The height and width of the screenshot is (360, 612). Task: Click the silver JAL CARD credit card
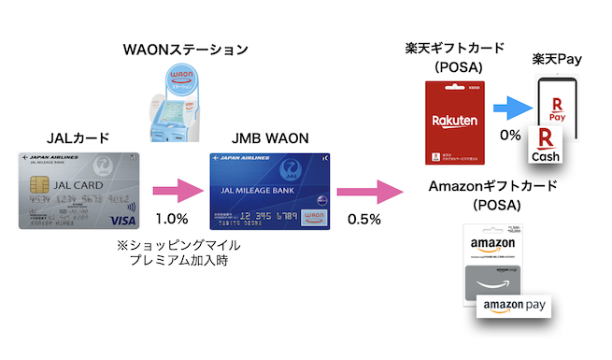click(76, 190)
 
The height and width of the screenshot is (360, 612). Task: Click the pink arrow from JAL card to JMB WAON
click(177, 193)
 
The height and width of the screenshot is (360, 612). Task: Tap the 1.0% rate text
click(173, 219)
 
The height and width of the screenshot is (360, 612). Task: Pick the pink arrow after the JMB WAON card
click(372, 193)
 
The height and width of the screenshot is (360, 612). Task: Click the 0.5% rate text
click(363, 219)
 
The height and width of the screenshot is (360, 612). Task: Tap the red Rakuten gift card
click(454, 121)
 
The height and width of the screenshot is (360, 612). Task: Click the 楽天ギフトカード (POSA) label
click(454, 57)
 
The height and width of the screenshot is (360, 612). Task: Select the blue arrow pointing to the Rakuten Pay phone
click(513, 107)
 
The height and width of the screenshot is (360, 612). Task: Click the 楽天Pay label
click(557, 59)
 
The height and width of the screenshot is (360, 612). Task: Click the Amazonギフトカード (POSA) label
click(493, 194)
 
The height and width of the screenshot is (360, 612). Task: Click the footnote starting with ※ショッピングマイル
click(178, 252)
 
